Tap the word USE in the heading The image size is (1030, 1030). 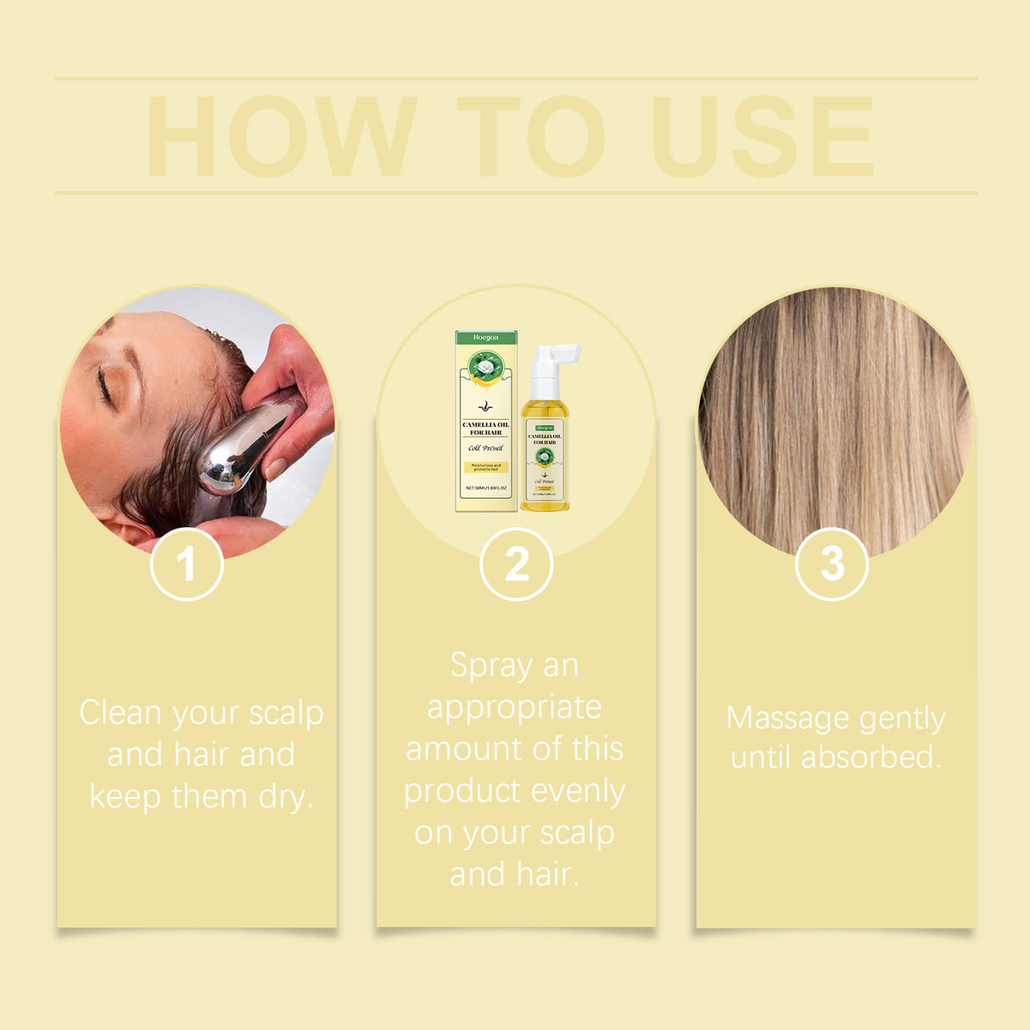763,137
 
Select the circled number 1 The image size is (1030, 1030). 187,564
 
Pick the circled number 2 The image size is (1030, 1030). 516,564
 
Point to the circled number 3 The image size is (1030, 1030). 832,564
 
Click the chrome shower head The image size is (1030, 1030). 242,450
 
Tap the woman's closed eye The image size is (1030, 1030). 105,388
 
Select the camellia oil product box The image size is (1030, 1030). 486,422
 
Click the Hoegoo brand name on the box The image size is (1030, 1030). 486,338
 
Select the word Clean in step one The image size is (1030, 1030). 120,713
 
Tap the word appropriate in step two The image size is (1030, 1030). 514,708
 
